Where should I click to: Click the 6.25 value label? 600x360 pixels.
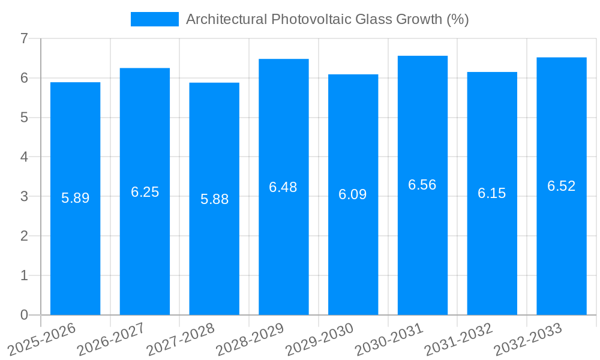pyautogui.click(x=145, y=192)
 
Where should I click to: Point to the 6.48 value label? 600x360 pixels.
pyautogui.click(x=283, y=187)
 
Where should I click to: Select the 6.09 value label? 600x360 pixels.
pyautogui.click(x=353, y=194)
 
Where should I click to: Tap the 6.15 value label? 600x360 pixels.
pyautogui.click(x=492, y=193)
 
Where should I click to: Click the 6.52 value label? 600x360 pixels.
pyautogui.click(x=562, y=186)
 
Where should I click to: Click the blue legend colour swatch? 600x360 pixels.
pyautogui.click(x=155, y=19)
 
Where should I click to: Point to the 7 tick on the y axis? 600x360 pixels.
pyautogui.click(x=24, y=38)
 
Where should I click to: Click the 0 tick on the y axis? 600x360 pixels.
pyautogui.click(x=24, y=315)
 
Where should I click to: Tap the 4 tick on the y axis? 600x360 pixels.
pyautogui.click(x=24, y=157)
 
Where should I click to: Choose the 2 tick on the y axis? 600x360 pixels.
pyautogui.click(x=24, y=236)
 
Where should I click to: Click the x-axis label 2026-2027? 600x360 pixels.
pyautogui.click(x=112, y=339)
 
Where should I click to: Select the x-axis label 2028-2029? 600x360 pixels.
pyautogui.click(x=250, y=339)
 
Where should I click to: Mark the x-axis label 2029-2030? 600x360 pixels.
pyautogui.click(x=320, y=339)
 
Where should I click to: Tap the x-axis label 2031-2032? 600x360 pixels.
pyautogui.click(x=459, y=339)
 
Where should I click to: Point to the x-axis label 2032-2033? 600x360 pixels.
pyautogui.click(x=529, y=339)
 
